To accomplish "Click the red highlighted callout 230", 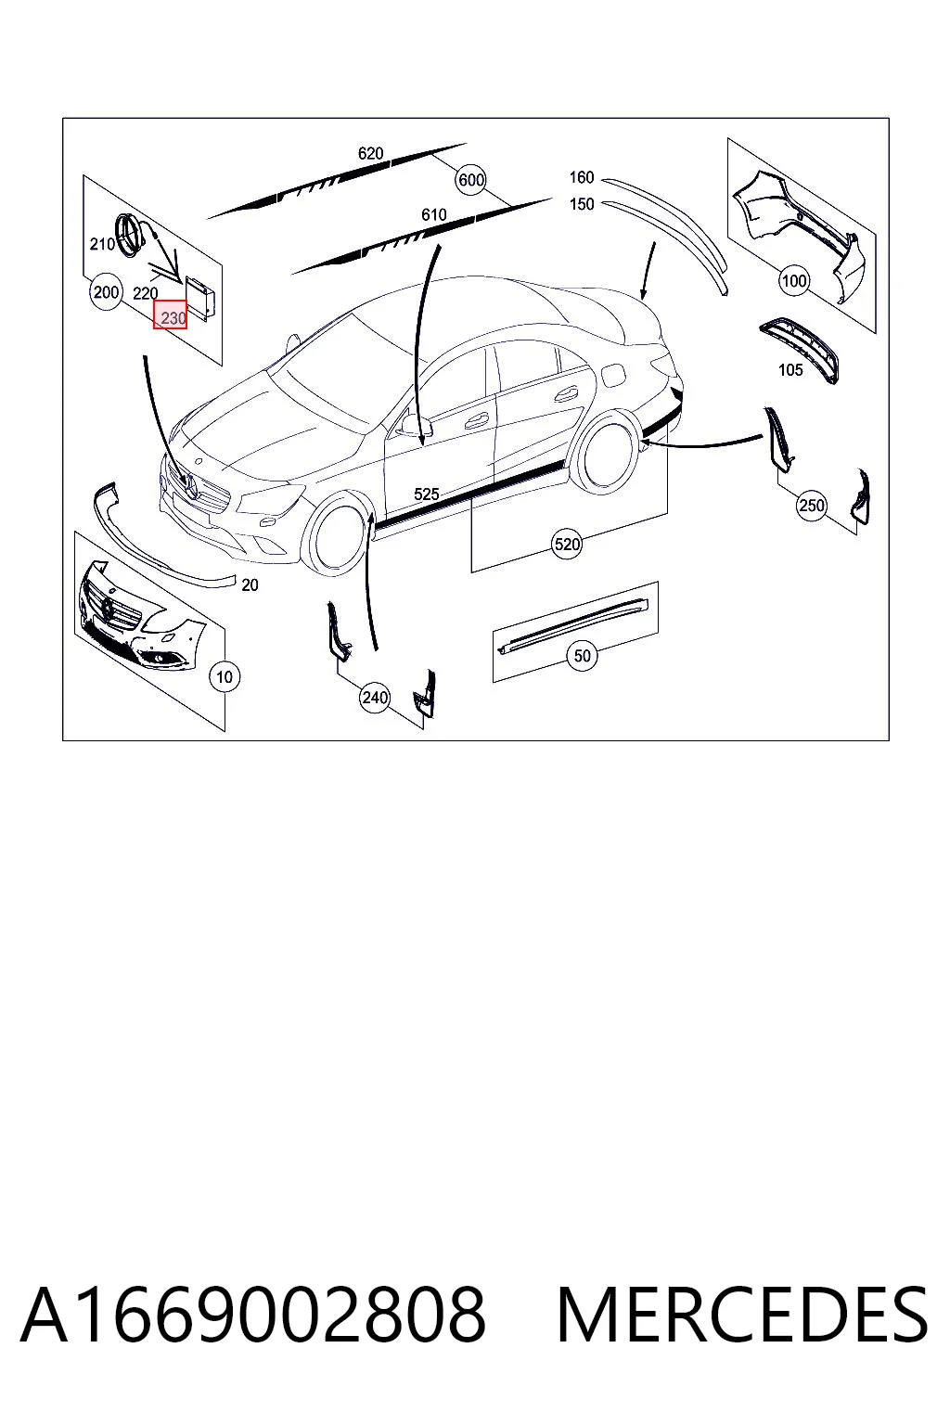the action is [170, 315].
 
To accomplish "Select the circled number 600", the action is [471, 180].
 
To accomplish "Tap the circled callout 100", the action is [793, 280].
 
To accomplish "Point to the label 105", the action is [790, 369].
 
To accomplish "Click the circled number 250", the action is [811, 506].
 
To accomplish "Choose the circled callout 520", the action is [567, 544].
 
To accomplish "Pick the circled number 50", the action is [583, 656].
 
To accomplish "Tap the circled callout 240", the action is [375, 698].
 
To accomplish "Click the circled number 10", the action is [225, 677].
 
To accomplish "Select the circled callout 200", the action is [106, 292].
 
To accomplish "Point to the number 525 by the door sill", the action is [427, 494].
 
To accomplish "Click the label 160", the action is [581, 177].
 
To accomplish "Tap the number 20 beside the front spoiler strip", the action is [250, 584].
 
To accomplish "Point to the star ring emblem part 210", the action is [131, 236].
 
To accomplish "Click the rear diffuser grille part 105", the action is [799, 349].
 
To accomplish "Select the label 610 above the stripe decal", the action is [433, 215].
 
